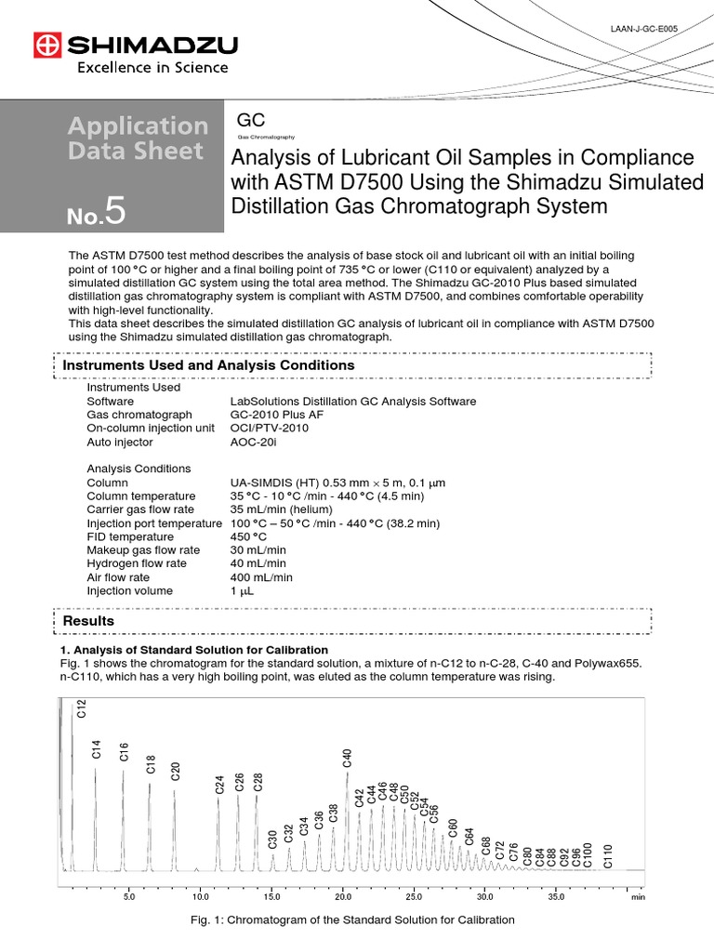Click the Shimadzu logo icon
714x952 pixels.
coord(46,44)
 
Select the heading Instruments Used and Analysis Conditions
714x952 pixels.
coord(208,365)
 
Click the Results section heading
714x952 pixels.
coord(88,620)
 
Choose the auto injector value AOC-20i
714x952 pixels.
coord(254,443)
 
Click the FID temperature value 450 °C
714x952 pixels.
coord(248,536)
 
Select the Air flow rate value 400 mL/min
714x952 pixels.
coord(259,577)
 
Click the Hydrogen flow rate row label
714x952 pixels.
coord(137,563)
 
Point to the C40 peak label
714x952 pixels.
coord(348,756)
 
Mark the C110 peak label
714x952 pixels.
coord(609,855)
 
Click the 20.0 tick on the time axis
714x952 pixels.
coord(343,898)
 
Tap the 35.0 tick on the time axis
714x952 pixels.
coord(556,898)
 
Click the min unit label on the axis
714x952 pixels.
coord(638,898)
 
